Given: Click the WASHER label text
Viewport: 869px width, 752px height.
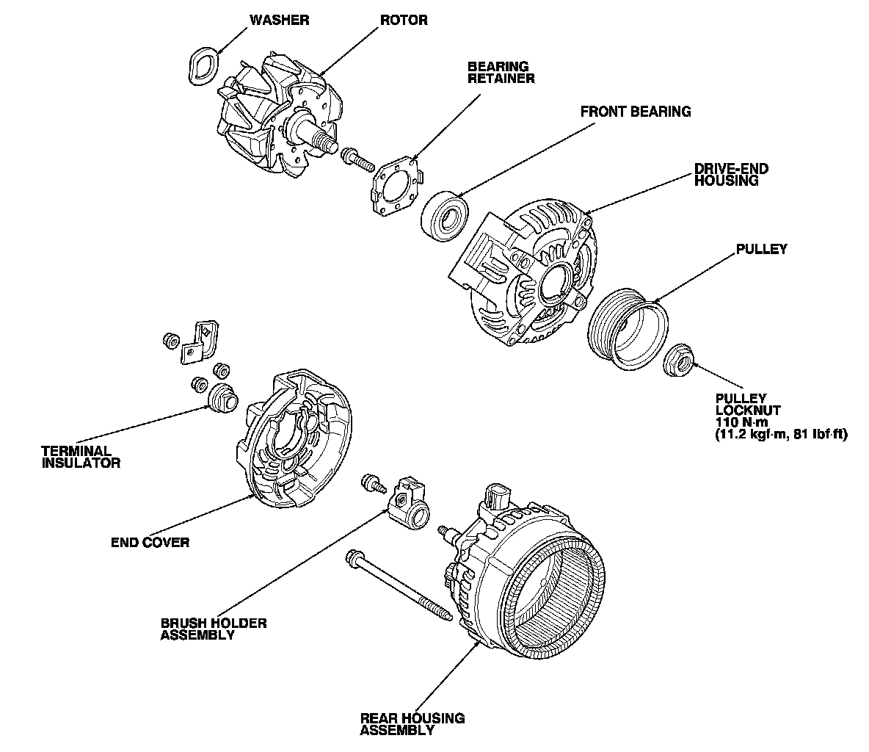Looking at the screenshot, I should click(279, 20).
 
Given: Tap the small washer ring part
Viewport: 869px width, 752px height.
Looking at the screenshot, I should click(203, 65).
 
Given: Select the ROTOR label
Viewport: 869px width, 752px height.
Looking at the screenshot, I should click(404, 20).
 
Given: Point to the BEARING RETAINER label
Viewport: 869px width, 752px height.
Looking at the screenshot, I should click(501, 72).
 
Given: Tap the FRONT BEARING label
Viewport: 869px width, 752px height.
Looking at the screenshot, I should click(636, 112).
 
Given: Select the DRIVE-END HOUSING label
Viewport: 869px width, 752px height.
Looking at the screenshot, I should click(731, 175).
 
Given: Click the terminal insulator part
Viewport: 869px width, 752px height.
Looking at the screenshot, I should click(221, 399).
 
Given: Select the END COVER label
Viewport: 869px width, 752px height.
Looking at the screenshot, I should click(150, 543).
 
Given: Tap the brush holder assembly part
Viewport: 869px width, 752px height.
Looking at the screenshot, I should click(408, 504).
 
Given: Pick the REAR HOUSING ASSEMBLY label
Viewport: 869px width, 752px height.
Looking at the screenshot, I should click(412, 724).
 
